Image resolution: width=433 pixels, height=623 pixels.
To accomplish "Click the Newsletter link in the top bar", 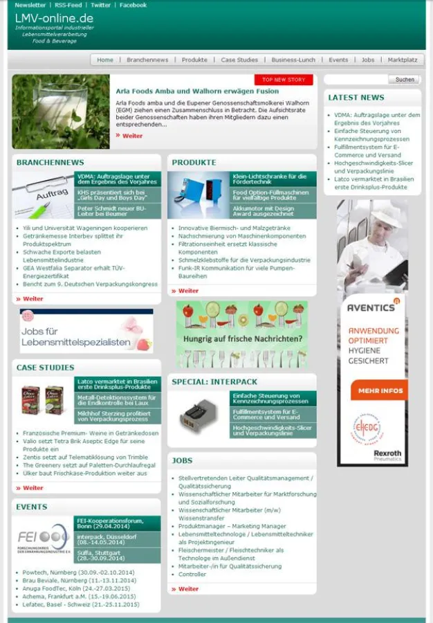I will point(30,5).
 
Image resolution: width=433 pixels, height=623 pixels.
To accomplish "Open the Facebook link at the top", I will point(133,5).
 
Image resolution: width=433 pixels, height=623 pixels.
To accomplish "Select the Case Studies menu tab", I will point(239,60).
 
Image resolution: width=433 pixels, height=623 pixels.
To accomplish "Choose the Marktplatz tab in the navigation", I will point(403,60).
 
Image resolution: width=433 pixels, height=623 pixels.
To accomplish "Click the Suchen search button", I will point(405,80).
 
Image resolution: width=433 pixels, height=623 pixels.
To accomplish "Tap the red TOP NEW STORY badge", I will point(284,80).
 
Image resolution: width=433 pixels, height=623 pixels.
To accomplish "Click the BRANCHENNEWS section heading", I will point(50,163).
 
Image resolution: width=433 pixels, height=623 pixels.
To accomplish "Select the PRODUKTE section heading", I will point(194,163).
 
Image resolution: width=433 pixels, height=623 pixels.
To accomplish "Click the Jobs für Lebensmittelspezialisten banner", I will point(86,332).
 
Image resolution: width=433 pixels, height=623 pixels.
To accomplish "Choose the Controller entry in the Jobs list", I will point(192,575).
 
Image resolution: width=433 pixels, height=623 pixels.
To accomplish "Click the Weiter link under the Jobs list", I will point(188,589).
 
